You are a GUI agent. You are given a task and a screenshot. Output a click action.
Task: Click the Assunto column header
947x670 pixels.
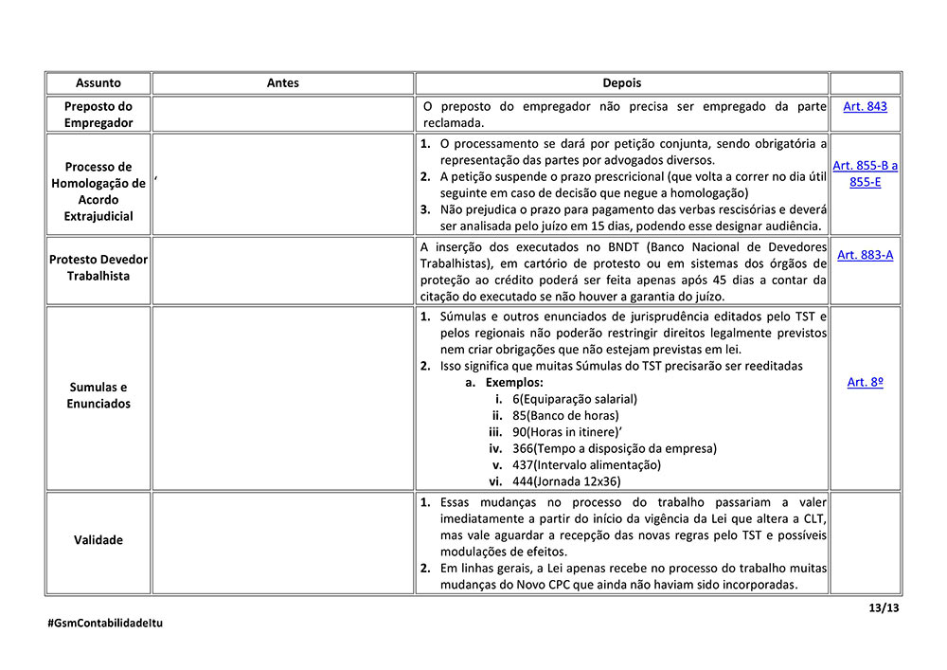98,83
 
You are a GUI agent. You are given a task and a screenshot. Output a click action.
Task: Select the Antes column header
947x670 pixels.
282,83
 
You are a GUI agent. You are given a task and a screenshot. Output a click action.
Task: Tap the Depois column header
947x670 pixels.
621,83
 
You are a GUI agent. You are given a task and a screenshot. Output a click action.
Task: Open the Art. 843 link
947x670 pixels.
865,106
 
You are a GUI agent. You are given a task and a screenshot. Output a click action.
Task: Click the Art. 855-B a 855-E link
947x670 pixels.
865,173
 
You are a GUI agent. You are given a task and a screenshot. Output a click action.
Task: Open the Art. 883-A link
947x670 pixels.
865,254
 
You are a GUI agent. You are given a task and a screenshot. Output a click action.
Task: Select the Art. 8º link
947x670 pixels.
865,382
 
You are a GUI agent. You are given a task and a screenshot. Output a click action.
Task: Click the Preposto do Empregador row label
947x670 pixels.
98,115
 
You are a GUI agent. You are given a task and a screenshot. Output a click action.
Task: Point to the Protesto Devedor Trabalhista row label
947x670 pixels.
98,267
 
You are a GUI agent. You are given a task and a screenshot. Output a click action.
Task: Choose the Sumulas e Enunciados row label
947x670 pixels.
98,395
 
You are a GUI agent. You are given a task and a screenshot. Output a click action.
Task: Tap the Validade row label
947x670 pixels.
98,540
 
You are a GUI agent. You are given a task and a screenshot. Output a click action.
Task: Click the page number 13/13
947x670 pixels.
884,607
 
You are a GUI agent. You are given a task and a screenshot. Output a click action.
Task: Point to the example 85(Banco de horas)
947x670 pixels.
565,415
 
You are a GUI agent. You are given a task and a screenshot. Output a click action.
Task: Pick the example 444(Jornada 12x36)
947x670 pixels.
566,480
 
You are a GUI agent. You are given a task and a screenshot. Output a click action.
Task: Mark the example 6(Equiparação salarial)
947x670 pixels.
575,399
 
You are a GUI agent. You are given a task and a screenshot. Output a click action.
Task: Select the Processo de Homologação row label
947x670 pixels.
98,191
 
